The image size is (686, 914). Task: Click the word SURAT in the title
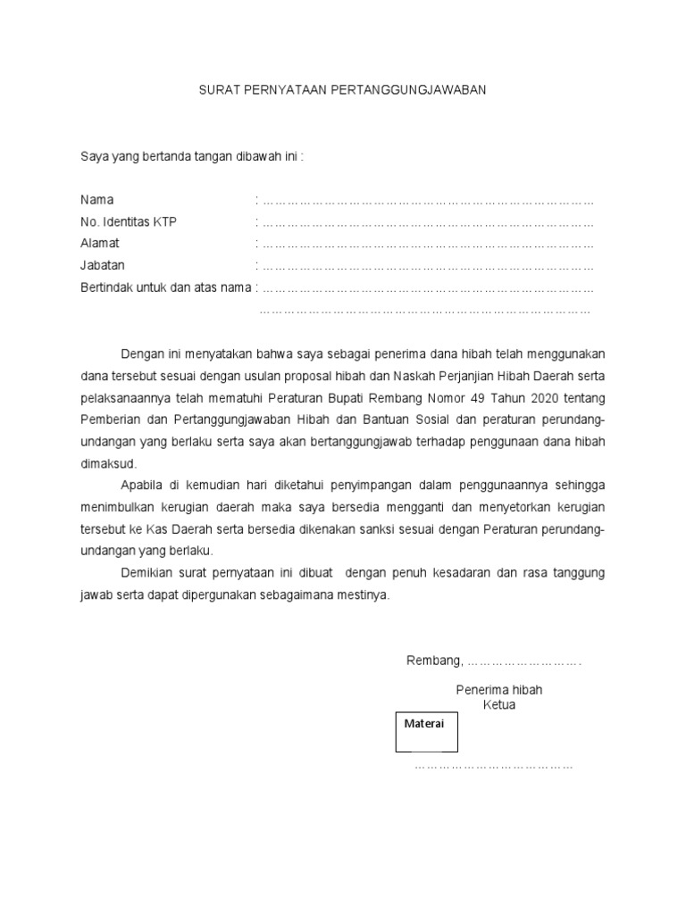pos(217,91)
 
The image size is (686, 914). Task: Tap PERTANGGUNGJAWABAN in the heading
pos(407,91)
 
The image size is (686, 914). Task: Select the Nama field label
pos(96,199)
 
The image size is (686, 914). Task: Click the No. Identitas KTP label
pos(129,221)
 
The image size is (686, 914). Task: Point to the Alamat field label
pos(99,243)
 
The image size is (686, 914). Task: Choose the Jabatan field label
pos(103,265)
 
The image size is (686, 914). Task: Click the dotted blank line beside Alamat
pos(427,244)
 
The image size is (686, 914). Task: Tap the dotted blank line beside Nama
pos(427,200)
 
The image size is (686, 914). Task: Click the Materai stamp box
pos(427,731)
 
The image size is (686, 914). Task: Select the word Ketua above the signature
pos(499,705)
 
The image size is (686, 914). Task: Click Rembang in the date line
pos(434,661)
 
